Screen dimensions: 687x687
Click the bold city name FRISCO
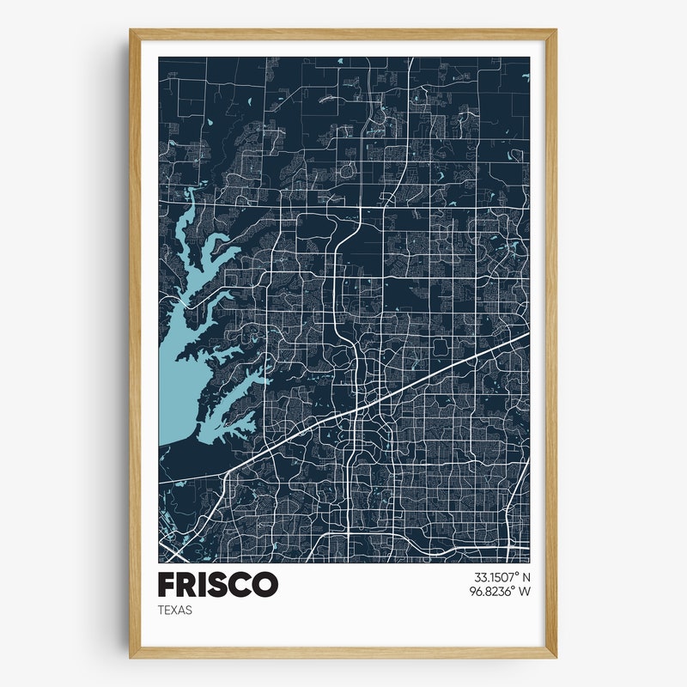(218, 584)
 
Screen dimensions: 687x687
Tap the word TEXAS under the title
(175, 611)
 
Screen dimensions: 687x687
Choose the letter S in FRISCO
(220, 584)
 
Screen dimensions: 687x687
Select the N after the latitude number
(526, 577)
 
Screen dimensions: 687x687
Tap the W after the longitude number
(525, 592)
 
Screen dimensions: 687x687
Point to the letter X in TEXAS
(175, 611)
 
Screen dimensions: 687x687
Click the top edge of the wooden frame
(343, 33)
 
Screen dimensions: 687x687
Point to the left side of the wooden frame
(134, 343)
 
